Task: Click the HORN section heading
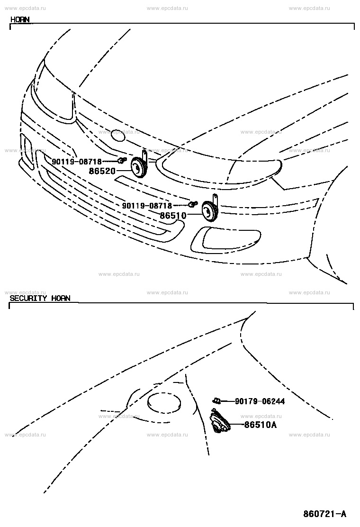tap(20, 19)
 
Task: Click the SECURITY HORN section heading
tap(40, 298)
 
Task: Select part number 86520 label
tap(102, 171)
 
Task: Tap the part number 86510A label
tap(260, 425)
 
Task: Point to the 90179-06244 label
tap(260, 401)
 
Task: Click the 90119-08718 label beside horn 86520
tap(77, 162)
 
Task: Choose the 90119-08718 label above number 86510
tap(147, 205)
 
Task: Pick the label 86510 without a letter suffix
tap(173, 216)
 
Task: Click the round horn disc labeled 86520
tap(138, 167)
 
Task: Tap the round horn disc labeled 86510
tap(209, 210)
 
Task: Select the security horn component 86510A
tap(219, 421)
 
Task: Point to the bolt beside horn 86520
tap(122, 160)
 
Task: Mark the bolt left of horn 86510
tap(193, 203)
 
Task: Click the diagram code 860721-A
tap(325, 514)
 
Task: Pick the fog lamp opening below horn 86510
tap(225, 239)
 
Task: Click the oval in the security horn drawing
tap(164, 403)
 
